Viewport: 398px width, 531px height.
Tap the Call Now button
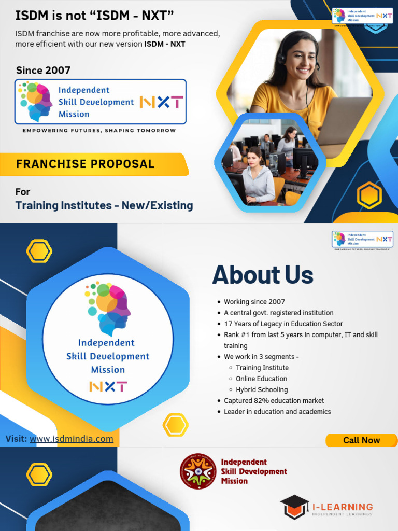coord(361,440)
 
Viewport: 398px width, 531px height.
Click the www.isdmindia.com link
coord(72,439)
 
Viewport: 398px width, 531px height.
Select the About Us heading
coord(263,275)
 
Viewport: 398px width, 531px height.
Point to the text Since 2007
coord(43,70)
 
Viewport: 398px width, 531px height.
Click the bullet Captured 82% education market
coord(274,400)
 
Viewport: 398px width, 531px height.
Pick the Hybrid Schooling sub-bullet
coord(262,389)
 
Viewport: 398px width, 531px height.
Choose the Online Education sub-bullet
coord(261,379)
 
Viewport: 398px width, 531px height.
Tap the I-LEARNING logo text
coord(342,507)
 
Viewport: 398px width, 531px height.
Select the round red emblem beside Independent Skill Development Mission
coord(198,471)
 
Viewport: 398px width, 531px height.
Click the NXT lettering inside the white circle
coord(108,386)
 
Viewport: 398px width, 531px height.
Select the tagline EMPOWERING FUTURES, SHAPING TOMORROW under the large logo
coord(99,131)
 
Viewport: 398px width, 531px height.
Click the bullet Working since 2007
coord(254,302)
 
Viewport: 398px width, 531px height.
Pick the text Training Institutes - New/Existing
coord(104,205)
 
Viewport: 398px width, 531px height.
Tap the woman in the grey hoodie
coord(257,176)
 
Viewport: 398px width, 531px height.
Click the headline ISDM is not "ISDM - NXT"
coord(94,16)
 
